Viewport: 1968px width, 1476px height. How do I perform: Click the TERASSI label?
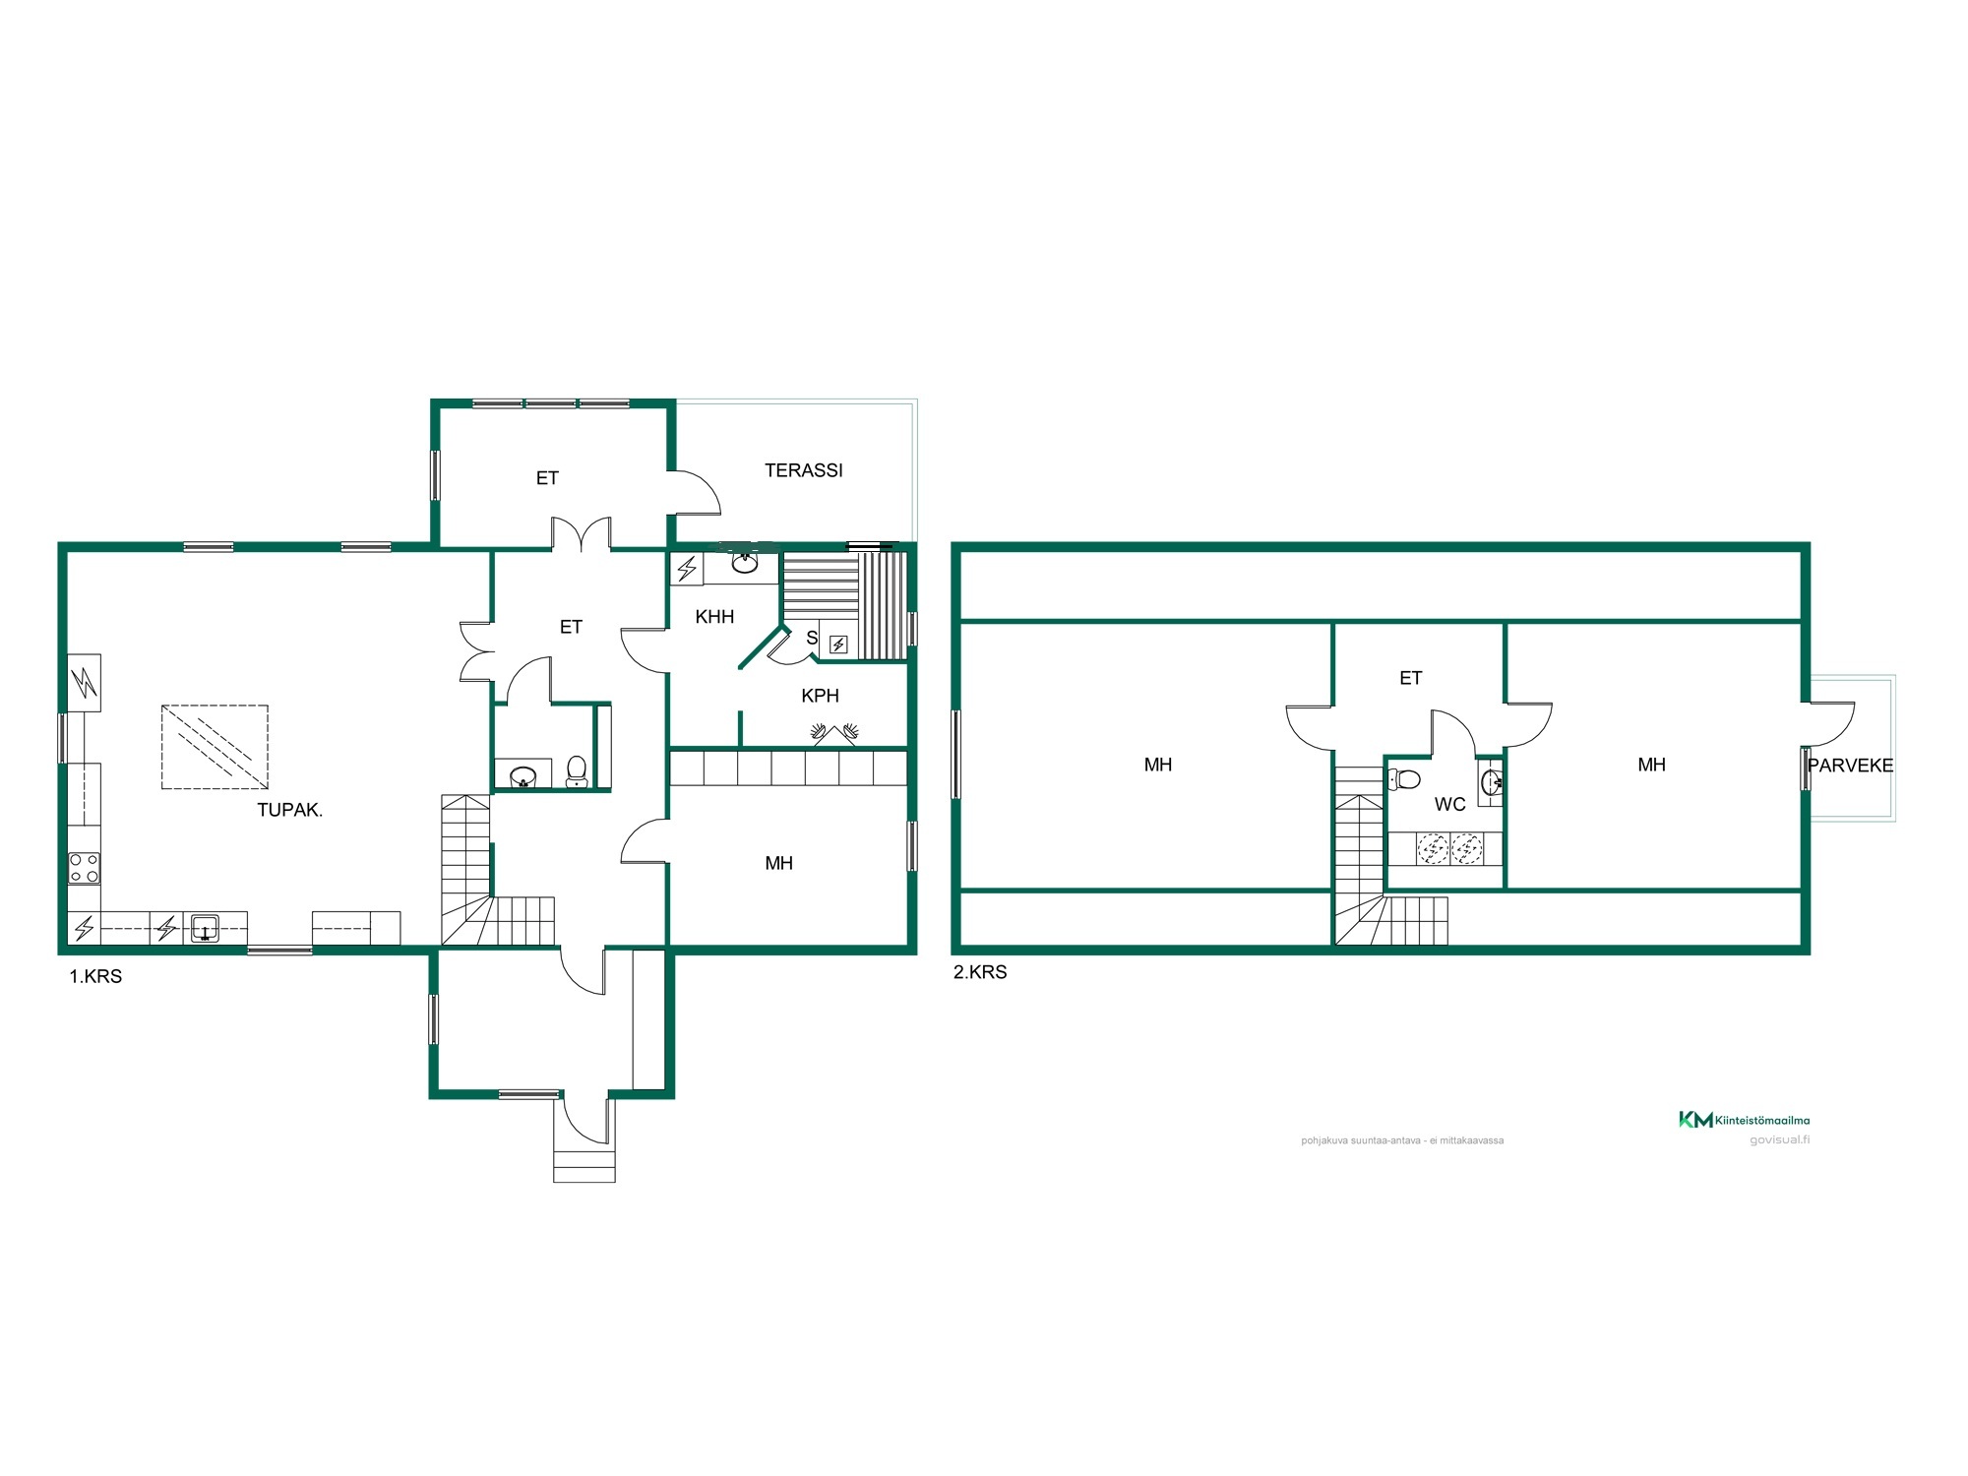click(x=803, y=470)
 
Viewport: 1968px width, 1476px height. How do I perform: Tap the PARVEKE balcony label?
click(x=1850, y=766)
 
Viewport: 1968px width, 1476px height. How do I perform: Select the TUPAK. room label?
click(x=289, y=810)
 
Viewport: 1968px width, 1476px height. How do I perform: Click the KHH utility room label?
click(x=714, y=617)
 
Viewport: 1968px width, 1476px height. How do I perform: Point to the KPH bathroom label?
click(x=820, y=696)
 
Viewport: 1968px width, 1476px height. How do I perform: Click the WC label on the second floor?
click(x=1449, y=804)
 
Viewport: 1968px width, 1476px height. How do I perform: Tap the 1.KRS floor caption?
click(x=95, y=976)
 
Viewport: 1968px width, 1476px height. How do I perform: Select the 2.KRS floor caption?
click(x=980, y=972)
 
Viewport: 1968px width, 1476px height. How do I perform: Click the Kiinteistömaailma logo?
click(x=1744, y=1120)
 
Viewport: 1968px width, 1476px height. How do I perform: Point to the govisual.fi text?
click(x=1779, y=1140)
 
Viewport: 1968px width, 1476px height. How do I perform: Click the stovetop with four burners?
click(x=84, y=868)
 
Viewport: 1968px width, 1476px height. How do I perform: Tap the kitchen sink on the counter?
click(x=205, y=928)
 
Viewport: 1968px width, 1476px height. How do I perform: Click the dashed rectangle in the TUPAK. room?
click(x=215, y=747)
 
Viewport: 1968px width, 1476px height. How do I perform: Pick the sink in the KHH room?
click(x=744, y=562)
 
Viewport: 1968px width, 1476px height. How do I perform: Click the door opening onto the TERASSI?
click(x=696, y=492)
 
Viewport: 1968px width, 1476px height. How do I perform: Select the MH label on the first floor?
click(x=778, y=863)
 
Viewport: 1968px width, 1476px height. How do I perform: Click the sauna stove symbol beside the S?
click(x=838, y=645)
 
